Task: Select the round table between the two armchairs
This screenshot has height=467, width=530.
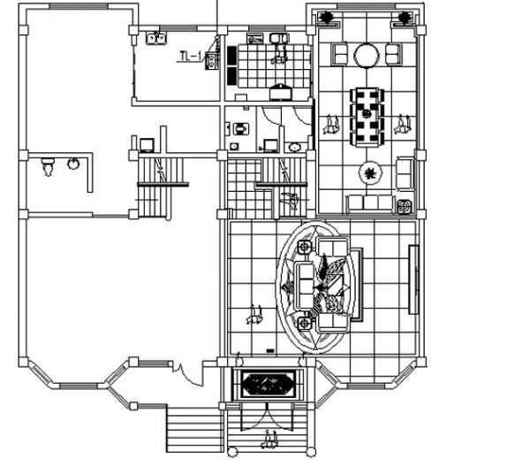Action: (x=366, y=56)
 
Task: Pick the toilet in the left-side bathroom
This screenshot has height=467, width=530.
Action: (x=49, y=165)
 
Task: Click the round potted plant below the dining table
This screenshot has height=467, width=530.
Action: (x=370, y=172)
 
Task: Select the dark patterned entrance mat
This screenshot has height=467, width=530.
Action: (x=269, y=384)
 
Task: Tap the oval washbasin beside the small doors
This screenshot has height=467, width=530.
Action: (x=294, y=147)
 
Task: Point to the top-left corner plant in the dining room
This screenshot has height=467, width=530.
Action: (x=326, y=18)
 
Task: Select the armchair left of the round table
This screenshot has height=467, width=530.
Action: (x=340, y=56)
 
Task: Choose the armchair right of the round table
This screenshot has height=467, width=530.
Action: (x=392, y=56)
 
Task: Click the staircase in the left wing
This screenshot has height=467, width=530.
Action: (x=157, y=181)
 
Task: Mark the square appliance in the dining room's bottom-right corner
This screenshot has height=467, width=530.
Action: (x=405, y=207)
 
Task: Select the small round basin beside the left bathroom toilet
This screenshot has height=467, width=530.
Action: (x=74, y=164)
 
